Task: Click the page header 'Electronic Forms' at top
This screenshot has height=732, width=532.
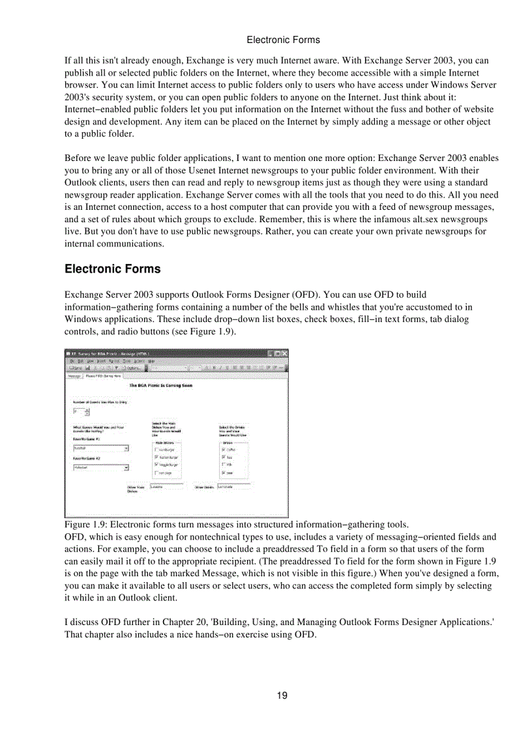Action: pyautogui.click(x=283, y=40)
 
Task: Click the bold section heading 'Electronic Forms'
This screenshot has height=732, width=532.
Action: pyautogui.click(x=112, y=269)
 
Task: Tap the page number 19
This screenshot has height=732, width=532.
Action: pyautogui.click(x=282, y=695)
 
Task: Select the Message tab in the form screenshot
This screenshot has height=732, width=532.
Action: pyautogui.click(x=74, y=375)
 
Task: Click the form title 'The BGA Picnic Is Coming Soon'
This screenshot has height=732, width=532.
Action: pyautogui.click(x=160, y=385)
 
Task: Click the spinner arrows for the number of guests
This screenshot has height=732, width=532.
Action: pyautogui.click(x=87, y=412)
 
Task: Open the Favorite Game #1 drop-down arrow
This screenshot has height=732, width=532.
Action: pyautogui.click(x=126, y=448)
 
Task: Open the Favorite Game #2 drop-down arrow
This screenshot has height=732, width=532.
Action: pyautogui.click(x=126, y=467)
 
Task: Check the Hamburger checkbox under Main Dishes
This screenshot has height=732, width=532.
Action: pyautogui.click(x=156, y=450)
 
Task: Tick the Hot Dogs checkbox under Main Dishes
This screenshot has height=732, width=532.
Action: pyautogui.click(x=156, y=473)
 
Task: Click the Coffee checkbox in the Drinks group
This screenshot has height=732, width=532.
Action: pyautogui.click(x=224, y=449)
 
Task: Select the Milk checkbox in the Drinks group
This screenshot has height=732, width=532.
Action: pyautogui.click(x=224, y=465)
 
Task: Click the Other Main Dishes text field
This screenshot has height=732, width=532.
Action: pyautogui.click(x=167, y=486)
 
